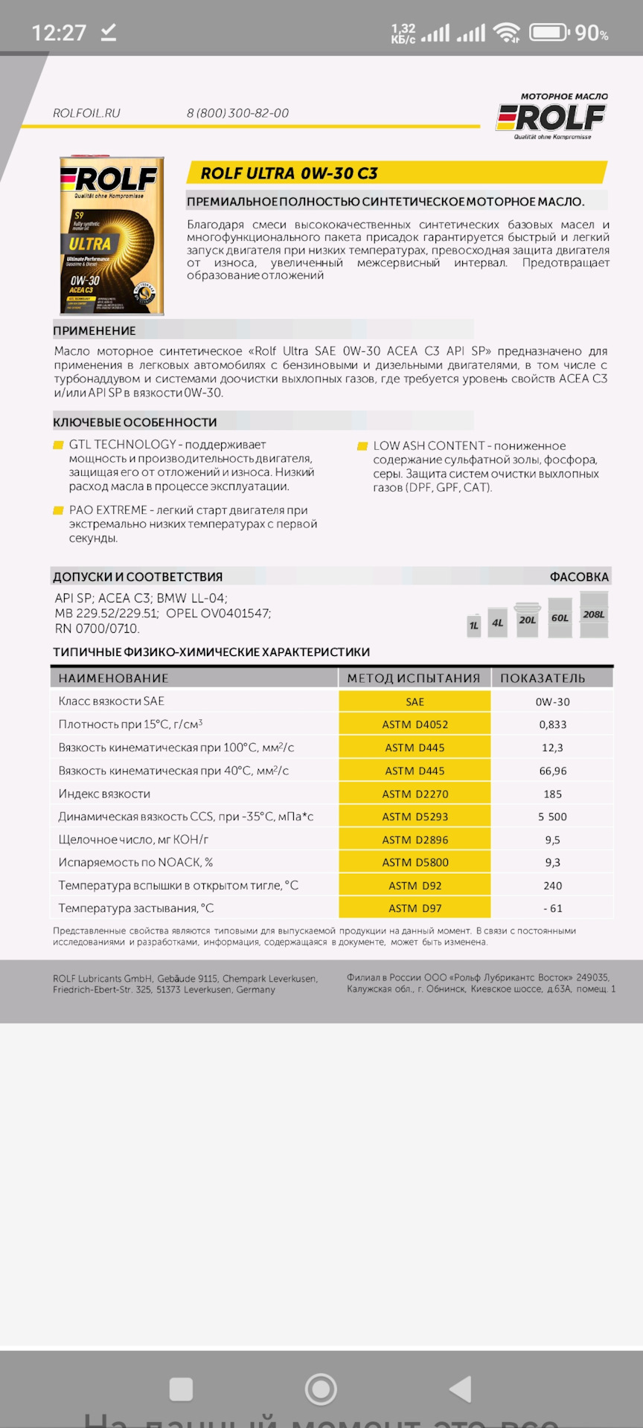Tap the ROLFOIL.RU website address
click(x=86, y=113)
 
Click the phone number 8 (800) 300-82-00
click(x=237, y=113)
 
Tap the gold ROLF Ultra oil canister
click(x=112, y=235)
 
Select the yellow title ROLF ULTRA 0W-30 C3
click(x=289, y=173)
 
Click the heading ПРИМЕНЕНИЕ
click(x=95, y=331)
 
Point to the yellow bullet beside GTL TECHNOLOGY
click(x=58, y=446)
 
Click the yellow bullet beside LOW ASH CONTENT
click(x=362, y=446)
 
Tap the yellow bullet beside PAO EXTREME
click(x=58, y=511)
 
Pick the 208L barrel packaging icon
click(x=594, y=614)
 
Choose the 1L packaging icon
click(x=474, y=625)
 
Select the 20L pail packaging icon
click(x=528, y=619)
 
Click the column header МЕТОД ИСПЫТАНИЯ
click(x=414, y=678)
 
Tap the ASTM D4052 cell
click(x=415, y=724)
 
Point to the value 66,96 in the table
click(x=553, y=771)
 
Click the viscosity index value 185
click(x=553, y=794)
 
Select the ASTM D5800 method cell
click(x=415, y=863)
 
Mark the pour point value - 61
click(x=553, y=908)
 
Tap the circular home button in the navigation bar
click(x=321, y=1389)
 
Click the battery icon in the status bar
click(x=548, y=33)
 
